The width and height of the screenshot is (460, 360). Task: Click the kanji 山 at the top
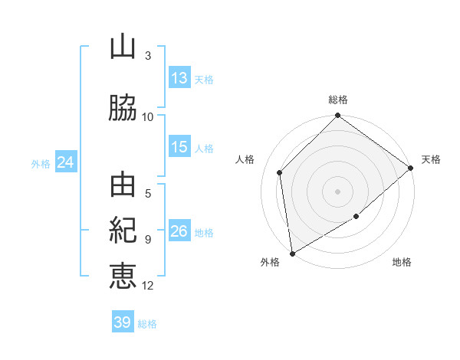tap(123, 47)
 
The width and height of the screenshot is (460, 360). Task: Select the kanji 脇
tap(123, 109)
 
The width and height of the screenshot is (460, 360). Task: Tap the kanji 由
tap(123, 186)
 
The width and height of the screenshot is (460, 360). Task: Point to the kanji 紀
tap(123, 231)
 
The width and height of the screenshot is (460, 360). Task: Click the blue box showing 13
tap(179, 78)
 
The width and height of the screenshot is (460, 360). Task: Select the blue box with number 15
tap(179, 147)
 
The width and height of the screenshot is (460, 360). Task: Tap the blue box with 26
tap(179, 231)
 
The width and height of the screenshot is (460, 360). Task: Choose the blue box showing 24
tap(65, 162)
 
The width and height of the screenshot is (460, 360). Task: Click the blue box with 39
tap(122, 322)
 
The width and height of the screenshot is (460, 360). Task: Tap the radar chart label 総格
tap(338, 100)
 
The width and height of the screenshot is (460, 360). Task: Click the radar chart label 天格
tap(431, 159)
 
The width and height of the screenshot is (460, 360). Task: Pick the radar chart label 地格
tap(402, 263)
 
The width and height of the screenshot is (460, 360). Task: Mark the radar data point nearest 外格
tap(292, 254)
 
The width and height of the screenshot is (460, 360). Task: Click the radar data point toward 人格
tap(280, 172)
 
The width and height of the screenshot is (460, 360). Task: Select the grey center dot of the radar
tap(337, 191)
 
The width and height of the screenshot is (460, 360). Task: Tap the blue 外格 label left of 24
tap(41, 163)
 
